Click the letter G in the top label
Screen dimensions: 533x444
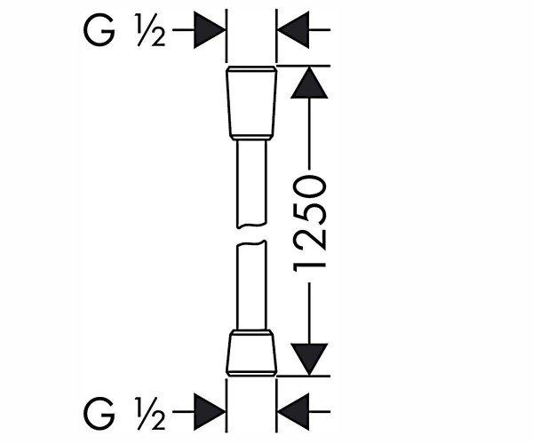click(x=99, y=30)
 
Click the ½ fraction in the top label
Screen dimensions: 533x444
click(x=151, y=30)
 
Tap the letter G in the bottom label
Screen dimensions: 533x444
click(x=99, y=412)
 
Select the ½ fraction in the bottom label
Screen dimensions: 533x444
click(x=151, y=412)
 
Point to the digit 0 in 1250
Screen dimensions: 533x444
click(x=310, y=186)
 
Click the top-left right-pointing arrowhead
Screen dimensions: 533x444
click(x=210, y=30)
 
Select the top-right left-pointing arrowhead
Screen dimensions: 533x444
click(x=293, y=30)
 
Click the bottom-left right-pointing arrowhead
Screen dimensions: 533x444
click(x=210, y=412)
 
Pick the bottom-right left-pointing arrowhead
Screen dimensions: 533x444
click(x=293, y=412)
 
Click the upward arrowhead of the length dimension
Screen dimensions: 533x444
click(x=309, y=83)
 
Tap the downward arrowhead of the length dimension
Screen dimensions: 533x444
click(x=309, y=360)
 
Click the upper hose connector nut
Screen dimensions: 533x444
click(x=251, y=103)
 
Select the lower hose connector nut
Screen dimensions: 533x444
click(x=251, y=353)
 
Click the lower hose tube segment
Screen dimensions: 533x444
click(x=251, y=285)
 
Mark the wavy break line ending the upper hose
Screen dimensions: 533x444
click(x=251, y=226)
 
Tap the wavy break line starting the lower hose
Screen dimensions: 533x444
click(x=251, y=242)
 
